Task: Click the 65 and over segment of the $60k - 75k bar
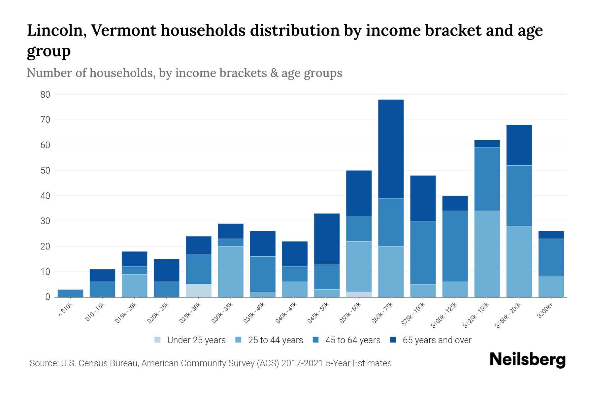(391, 148)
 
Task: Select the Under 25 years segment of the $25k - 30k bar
(199, 290)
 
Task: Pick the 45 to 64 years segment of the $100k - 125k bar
(455, 246)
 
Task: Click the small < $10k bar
(70, 293)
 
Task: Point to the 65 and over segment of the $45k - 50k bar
(327, 239)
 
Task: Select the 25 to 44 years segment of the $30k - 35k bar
(231, 271)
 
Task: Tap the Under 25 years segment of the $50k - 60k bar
(359, 294)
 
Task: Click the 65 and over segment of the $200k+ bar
(551, 235)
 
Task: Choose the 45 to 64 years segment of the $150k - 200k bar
(519, 195)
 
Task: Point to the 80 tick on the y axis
(45, 95)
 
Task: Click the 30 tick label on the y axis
(45, 221)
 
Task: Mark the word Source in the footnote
(43, 363)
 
